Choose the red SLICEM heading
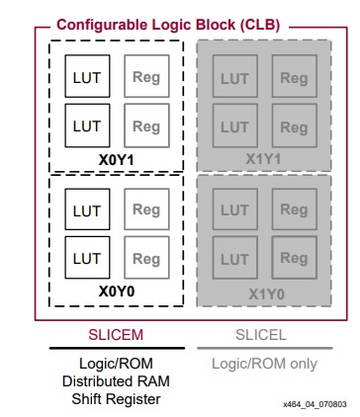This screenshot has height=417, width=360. pyautogui.click(x=117, y=334)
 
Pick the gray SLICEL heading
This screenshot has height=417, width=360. pyautogui.click(x=264, y=334)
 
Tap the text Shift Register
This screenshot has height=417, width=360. pyautogui.click(x=117, y=398)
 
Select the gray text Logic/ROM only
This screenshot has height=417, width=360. pyautogui.click(x=264, y=363)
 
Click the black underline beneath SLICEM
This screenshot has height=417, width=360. pyautogui.click(x=117, y=348)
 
